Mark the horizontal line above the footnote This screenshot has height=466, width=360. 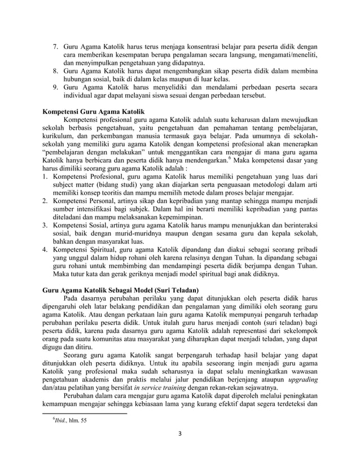85,412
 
